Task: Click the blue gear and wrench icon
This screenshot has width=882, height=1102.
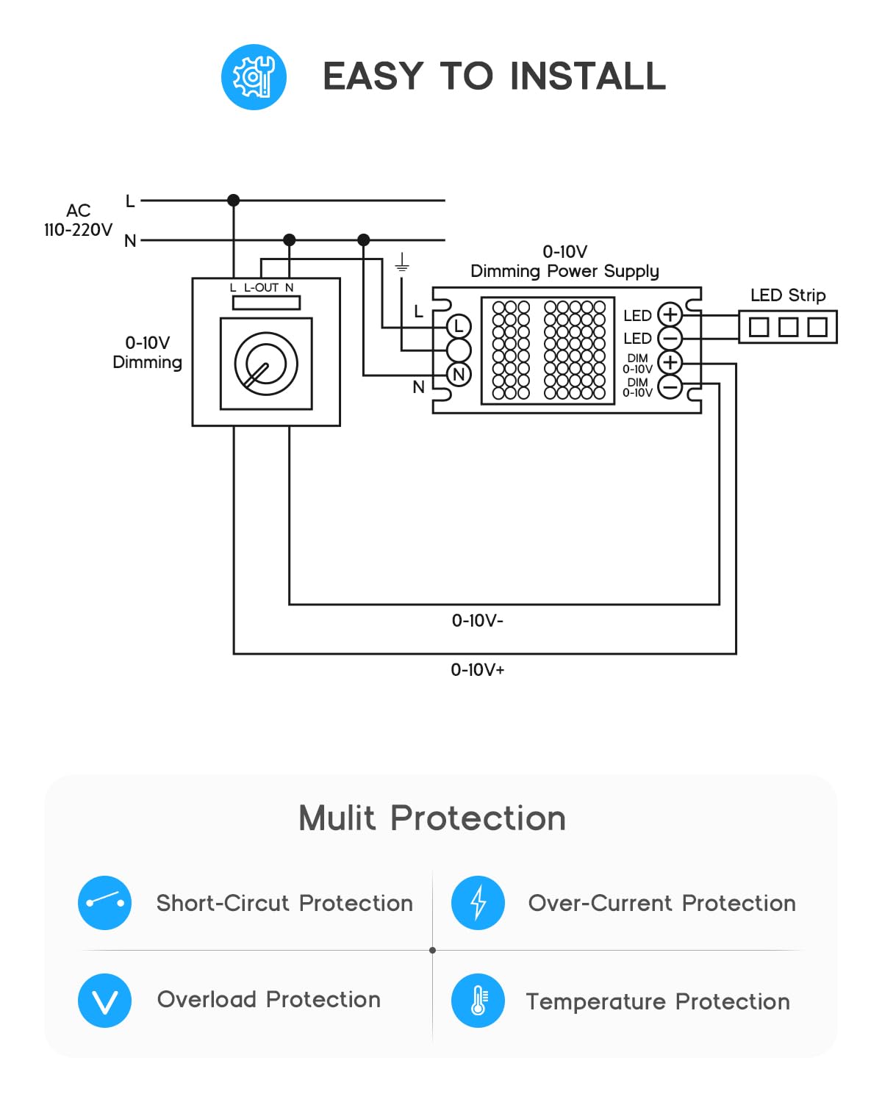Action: coord(254,77)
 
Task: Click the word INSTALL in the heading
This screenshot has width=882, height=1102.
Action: coord(588,76)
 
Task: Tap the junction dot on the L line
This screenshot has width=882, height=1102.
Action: coord(233,201)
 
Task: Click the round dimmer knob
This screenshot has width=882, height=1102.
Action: coord(266,364)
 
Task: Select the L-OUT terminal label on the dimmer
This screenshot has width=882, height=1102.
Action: coord(261,288)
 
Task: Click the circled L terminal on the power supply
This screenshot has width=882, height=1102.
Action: coord(459,326)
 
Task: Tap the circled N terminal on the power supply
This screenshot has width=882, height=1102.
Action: coord(459,375)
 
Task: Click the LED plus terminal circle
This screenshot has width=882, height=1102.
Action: coord(670,314)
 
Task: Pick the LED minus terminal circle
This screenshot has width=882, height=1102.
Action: coord(670,339)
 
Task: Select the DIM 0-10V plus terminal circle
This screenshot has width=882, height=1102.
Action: coord(670,362)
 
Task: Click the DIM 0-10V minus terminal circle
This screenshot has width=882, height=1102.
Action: coord(670,386)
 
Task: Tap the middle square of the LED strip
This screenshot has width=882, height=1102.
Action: coord(788,327)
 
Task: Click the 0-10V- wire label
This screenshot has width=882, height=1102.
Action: coord(477,621)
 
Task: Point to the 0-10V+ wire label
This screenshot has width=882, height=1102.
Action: coord(477,670)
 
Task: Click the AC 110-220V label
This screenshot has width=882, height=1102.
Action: coord(79,220)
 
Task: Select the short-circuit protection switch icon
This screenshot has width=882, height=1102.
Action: coord(104,903)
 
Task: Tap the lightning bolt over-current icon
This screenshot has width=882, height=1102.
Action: coord(478,903)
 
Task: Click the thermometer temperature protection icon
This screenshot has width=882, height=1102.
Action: coord(478,1001)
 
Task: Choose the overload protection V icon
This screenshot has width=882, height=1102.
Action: coord(104,1001)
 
